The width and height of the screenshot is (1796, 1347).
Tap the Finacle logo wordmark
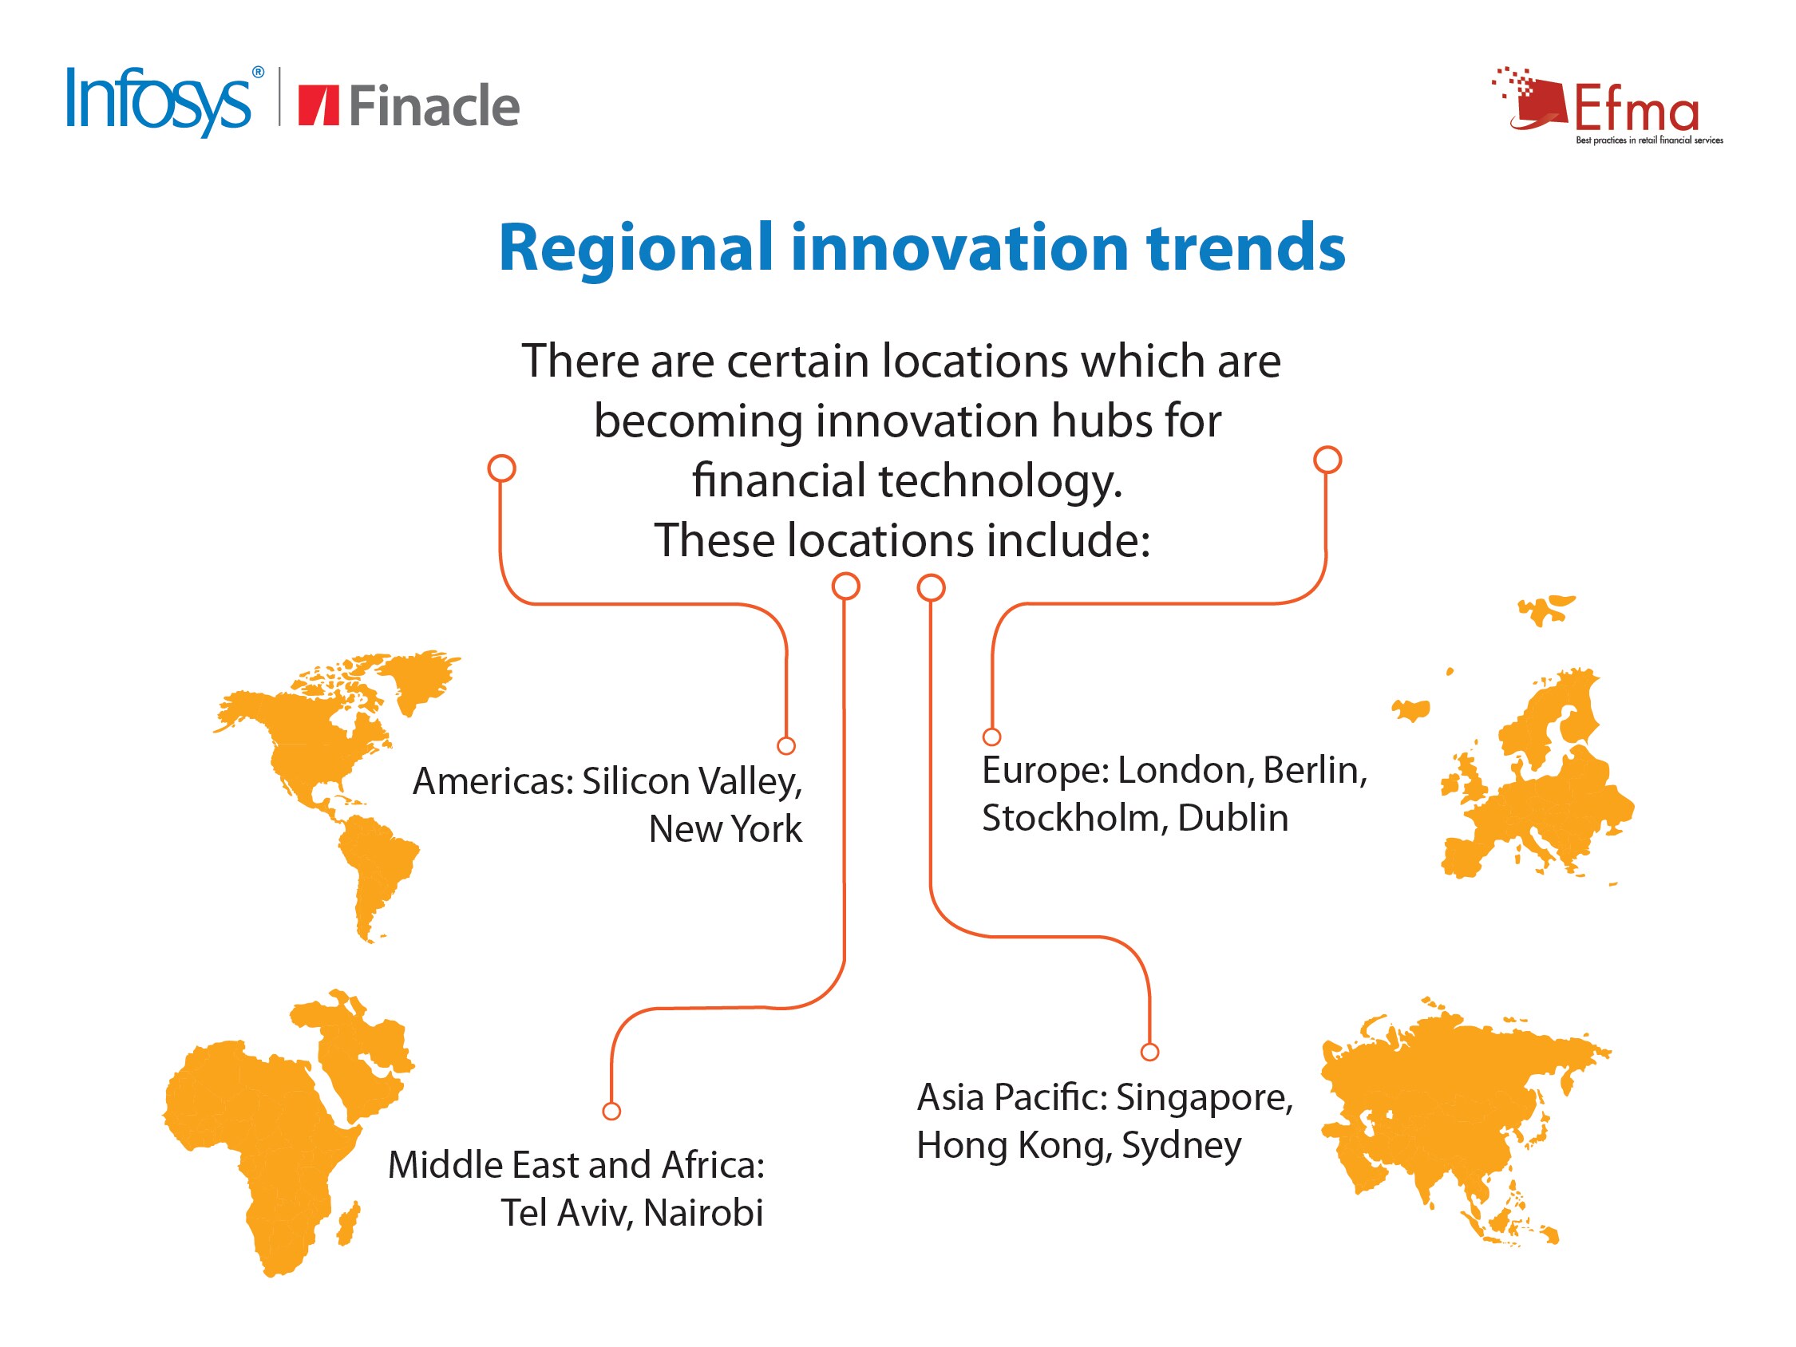point(434,105)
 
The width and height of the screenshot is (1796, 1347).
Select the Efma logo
point(1608,106)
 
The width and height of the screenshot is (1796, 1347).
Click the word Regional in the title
point(635,248)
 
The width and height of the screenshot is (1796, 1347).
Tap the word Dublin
point(1233,818)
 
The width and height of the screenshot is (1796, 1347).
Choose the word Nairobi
point(703,1213)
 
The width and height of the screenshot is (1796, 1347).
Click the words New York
point(725,829)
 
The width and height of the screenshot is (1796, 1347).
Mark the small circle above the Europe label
point(991,737)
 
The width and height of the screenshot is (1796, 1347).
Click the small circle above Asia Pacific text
point(1149,1053)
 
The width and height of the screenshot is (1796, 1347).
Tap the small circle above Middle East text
point(611,1111)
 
